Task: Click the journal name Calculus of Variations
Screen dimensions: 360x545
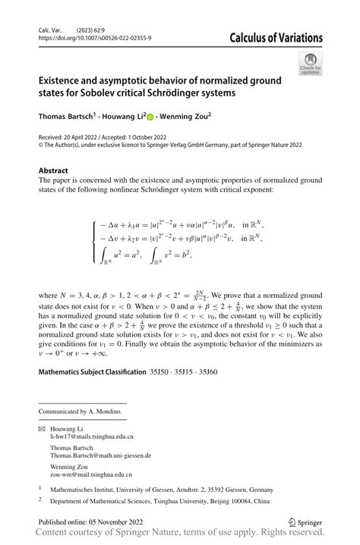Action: click(276, 39)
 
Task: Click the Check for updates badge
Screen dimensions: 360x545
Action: click(311, 64)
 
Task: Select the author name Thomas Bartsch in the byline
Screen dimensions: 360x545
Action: click(66, 117)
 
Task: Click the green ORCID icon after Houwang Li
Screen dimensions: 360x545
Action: click(150, 117)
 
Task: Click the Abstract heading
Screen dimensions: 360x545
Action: click(52, 171)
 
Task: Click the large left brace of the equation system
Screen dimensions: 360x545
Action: click(93, 241)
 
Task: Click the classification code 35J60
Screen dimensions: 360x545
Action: click(207, 372)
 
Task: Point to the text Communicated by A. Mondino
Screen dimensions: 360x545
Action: click(80, 411)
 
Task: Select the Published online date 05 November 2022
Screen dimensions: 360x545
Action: click(112, 522)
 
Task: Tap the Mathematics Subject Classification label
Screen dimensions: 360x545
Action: click(92, 372)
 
